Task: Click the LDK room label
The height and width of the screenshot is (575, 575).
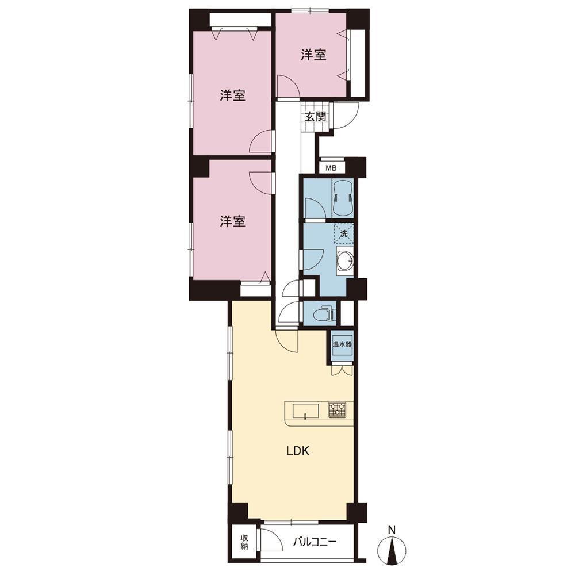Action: (x=298, y=451)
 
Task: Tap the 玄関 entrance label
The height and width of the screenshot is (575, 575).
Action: (x=315, y=117)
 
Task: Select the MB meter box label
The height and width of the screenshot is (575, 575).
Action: (x=331, y=168)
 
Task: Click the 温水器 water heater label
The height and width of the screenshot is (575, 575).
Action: (x=342, y=344)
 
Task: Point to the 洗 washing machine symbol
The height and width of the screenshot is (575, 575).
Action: (x=344, y=233)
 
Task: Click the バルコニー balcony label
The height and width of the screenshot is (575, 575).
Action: (x=315, y=542)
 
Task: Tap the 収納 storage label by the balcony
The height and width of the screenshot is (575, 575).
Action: (x=244, y=542)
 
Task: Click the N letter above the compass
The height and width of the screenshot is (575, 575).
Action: (x=392, y=530)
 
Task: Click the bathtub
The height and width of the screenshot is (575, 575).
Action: (x=343, y=198)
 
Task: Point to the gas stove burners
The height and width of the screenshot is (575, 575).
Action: (x=337, y=410)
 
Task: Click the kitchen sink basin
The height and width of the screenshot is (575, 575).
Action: (x=305, y=411)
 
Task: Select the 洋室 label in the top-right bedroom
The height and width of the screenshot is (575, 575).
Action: (x=313, y=55)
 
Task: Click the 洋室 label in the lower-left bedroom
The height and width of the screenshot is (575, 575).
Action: (x=232, y=221)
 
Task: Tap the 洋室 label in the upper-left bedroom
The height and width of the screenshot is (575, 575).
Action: (x=232, y=95)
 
